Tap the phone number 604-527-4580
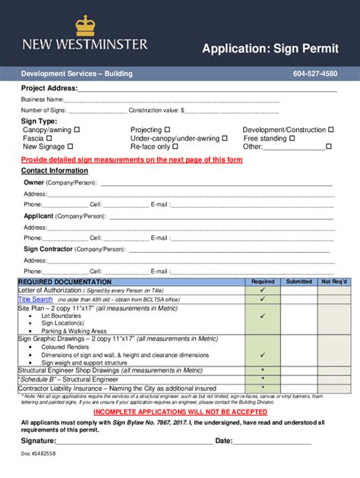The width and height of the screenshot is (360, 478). tap(315, 74)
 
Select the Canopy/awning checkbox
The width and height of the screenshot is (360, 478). tap(77, 130)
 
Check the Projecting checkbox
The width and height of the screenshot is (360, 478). tap(168, 130)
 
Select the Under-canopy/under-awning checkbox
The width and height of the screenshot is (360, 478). tap(225, 139)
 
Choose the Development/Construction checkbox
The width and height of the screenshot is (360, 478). tap(330, 130)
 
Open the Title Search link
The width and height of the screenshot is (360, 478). tap(35, 300)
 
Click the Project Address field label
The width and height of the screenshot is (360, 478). tap(49, 89)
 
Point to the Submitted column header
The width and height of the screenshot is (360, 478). tap(298, 281)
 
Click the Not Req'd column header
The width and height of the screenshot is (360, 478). tap(335, 281)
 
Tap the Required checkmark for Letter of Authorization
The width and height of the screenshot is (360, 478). tap(263, 290)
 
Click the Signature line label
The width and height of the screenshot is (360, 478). tap(38, 441)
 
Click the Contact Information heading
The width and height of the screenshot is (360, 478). tap(55, 171)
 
